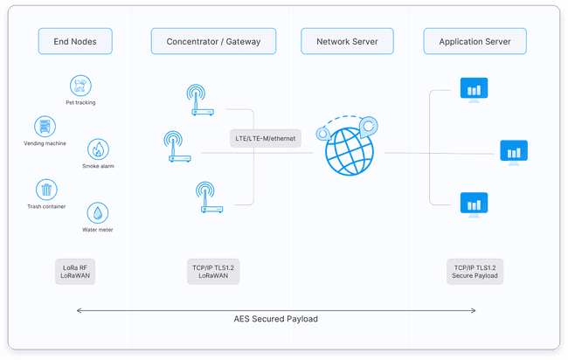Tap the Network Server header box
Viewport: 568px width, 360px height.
pyautogui.click(x=347, y=40)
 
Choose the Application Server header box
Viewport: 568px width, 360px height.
pyautogui.click(x=474, y=40)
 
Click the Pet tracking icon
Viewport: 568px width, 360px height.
pyautogui.click(x=80, y=86)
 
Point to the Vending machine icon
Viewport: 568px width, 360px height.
pyautogui.click(x=45, y=126)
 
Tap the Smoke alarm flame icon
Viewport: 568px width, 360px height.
pyautogui.click(x=98, y=149)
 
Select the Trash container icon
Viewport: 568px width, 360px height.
pyautogui.click(x=46, y=190)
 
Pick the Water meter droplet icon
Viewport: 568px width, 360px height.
pyautogui.click(x=97, y=213)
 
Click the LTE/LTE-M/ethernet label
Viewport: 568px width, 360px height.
pyautogui.click(x=266, y=138)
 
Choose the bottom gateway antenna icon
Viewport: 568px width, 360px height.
pyautogui.click(x=208, y=197)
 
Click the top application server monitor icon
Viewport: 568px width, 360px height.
pyautogui.click(x=474, y=88)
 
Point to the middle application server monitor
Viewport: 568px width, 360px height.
pyautogui.click(x=514, y=151)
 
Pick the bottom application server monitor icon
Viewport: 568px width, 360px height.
pyautogui.click(x=474, y=204)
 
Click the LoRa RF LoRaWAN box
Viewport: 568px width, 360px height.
pyautogui.click(x=73, y=271)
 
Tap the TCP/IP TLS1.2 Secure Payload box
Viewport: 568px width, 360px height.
pyautogui.click(x=474, y=271)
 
